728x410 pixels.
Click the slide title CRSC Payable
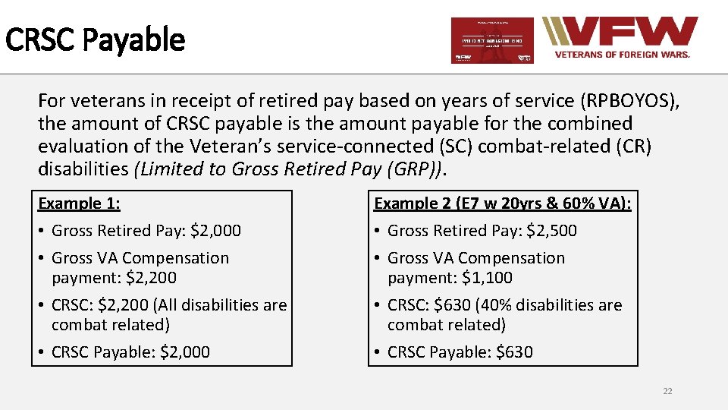(95, 39)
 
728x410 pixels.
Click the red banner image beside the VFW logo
(492, 40)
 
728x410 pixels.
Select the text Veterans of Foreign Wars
(623, 55)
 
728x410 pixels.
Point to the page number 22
(667, 391)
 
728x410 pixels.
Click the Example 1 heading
(80, 203)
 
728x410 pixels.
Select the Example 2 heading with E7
(503, 203)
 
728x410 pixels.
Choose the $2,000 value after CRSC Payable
(185, 352)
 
